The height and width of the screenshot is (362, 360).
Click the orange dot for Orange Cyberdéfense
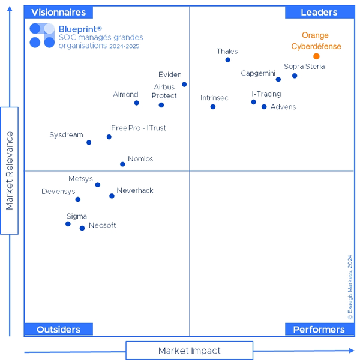coord(316,56)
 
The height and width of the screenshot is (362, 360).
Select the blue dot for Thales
coord(228,60)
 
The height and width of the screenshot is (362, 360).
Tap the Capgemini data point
coord(278,79)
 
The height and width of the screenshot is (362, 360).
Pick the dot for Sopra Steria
coord(295,76)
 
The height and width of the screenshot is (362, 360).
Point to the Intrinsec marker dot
coord(213,107)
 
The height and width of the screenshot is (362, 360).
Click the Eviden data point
coord(184,85)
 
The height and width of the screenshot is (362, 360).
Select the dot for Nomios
coord(122,164)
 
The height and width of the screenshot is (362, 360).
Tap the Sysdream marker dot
coord(89,143)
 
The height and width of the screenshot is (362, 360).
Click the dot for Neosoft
coord(82,228)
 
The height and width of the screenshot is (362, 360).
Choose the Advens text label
coord(283,107)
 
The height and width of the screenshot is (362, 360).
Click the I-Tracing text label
coord(266,94)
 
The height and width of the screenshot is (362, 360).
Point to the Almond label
coord(126,95)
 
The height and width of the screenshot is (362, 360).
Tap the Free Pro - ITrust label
coord(139,128)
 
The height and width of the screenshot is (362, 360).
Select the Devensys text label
coord(58,192)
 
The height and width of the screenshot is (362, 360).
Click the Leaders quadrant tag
coord(319,13)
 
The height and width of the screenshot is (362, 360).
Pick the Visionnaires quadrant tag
coord(58,13)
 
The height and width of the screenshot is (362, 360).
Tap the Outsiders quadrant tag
coord(58,330)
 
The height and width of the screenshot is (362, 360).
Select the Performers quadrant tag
coord(319,330)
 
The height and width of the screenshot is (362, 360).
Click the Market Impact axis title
coord(190,351)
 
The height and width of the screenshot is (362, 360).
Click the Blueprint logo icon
coord(42,35)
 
